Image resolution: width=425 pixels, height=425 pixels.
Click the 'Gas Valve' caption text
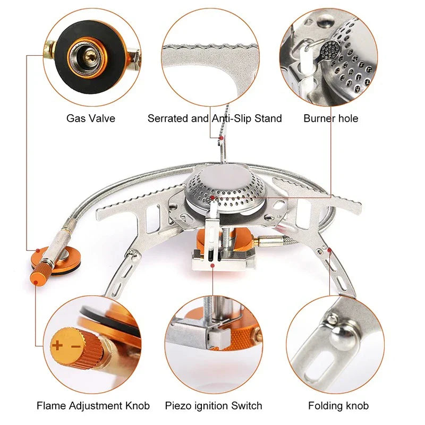[90, 118]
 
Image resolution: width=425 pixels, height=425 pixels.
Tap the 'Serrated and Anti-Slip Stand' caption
[215, 118]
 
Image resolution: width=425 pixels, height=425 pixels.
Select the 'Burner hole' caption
[330, 118]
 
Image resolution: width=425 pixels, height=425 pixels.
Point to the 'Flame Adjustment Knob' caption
[93, 406]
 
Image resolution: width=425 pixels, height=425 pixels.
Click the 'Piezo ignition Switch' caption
[214, 406]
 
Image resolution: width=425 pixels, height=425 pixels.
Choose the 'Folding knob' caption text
[338, 406]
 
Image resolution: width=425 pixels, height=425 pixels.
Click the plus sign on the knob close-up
[57, 346]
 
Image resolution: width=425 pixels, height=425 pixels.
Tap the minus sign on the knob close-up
[75, 346]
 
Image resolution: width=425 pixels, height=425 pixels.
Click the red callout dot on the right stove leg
[330, 249]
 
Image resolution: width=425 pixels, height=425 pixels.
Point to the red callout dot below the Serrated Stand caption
[220, 138]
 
